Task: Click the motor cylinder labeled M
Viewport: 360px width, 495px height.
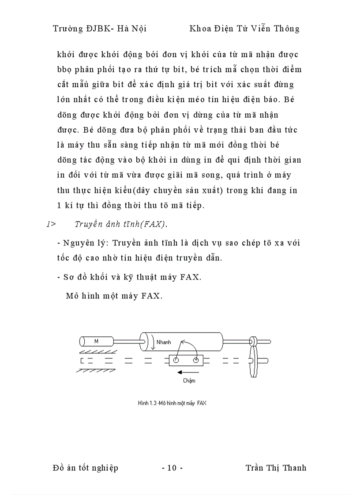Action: (97, 341)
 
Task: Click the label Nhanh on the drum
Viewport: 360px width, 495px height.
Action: (163, 342)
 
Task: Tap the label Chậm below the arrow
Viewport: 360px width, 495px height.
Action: (189, 380)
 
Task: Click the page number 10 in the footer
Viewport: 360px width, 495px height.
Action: (172, 468)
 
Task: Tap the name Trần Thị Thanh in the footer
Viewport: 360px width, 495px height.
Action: (275, 468)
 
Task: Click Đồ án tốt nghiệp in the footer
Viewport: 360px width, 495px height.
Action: (85, 468)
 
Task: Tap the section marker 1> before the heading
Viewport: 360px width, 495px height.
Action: (51, 224)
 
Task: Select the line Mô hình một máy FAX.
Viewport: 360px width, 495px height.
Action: (114, 296)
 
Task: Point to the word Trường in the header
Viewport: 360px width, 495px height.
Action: (67, 29)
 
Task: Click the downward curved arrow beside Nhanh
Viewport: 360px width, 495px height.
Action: (152, 343)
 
